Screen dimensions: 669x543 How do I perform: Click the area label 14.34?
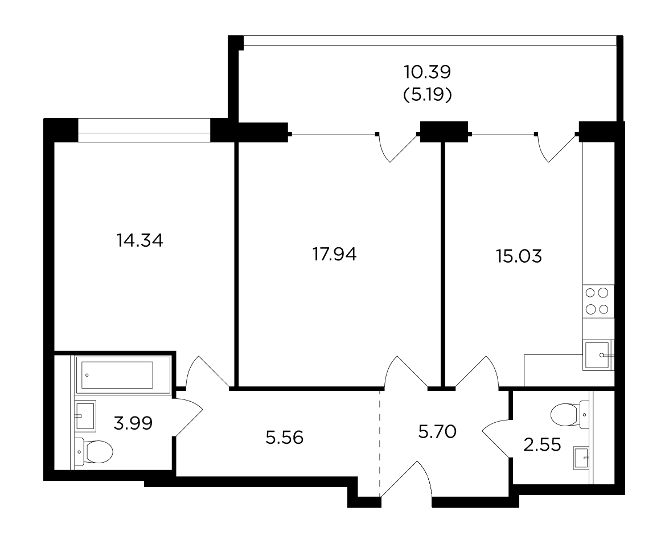click(139, 240)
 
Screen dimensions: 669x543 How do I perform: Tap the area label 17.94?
click(335, 255)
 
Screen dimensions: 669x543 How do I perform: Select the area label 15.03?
click(519, 256)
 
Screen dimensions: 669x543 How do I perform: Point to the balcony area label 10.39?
click(428, 72)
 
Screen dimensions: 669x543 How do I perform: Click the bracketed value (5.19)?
click(428, 95)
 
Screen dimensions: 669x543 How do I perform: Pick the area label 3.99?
click(133, 423)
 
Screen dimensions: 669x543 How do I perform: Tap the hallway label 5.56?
click(284, 438)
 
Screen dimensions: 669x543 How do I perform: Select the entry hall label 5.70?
click(437, 431)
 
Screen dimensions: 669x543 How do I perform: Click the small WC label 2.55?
click(542, 445)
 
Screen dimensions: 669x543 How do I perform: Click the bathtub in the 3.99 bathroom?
click(123, 375)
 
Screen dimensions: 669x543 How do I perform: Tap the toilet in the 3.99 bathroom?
click(94, 452)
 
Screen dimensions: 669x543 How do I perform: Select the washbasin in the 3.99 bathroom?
click(85, 415)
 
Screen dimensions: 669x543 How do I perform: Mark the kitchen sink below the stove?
click(598, 355)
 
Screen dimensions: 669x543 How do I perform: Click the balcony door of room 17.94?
click(397, 147)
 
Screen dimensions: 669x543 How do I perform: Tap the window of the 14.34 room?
click(144, 130)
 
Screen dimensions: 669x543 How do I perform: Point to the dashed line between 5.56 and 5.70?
click(380, 444)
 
